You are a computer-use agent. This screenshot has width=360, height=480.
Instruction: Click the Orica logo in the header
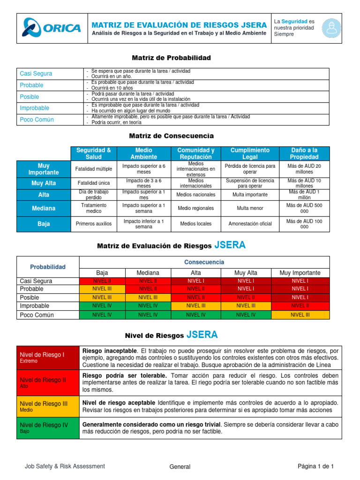[x=52, y=28]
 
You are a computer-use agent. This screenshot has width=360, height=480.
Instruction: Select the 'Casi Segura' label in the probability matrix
[x=36, y=74]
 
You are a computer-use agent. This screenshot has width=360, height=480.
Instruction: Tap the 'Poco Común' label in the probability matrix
[x=37, y=120]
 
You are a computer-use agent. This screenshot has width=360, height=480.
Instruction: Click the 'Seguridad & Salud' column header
[x=93, y=153]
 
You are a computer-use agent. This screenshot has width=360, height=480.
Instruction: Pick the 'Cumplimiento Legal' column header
[x=250, y=153]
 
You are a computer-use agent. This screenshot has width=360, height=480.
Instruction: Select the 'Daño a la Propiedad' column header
[x=304, y=153]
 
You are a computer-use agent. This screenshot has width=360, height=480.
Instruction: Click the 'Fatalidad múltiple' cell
[x=93, y=169]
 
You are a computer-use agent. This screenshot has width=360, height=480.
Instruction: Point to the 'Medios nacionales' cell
[x=196, y=195]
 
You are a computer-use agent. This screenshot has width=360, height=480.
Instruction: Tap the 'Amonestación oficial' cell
[x=250, y=224]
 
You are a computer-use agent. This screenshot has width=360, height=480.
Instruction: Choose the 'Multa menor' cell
[x=250, y=208]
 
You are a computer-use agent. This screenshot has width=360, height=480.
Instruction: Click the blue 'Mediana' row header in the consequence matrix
[x=44, y=208]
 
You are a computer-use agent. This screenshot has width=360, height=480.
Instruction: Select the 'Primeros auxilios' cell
[x=93, y=224]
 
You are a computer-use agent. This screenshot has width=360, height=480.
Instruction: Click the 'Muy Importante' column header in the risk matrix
[x=300, y=272]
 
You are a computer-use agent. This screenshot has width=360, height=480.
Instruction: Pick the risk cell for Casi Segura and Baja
[x=102, y=281]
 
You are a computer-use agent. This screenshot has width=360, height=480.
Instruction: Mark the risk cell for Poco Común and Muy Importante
[x=300, y=315]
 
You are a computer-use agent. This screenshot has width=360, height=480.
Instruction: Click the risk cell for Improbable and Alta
[x=195, y=306]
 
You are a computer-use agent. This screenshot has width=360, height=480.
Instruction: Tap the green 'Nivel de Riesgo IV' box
[x=48, y=427]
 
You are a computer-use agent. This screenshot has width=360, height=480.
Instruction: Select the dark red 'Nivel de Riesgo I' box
[x=48, y=358]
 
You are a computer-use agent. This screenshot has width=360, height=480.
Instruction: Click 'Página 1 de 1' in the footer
[x=315, y=466]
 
